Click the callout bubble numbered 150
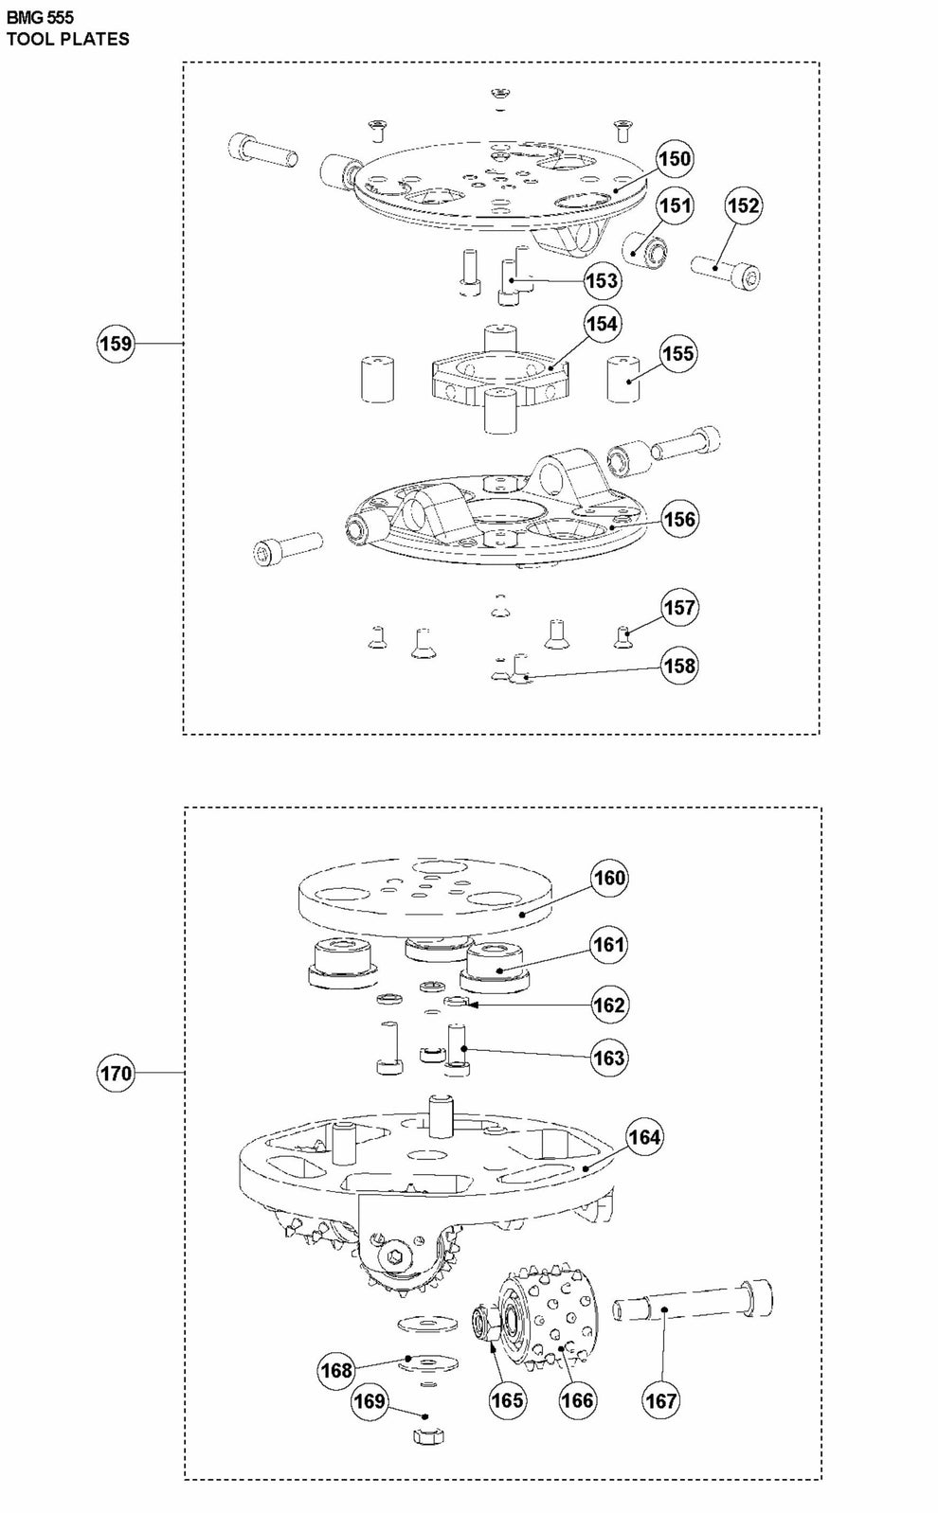(x=675, y=159)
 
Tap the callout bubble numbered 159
(x=116, y=343)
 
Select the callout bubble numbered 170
(x=116, y=1073)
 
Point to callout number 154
(x=603, y=324)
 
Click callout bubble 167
(x=661, y=1400)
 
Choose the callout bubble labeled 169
(x=369, y=1400)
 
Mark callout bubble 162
(x=608, y=1006)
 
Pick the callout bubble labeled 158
(x=679, y=666)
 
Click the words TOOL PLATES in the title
(x=67, y=39)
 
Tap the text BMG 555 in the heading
(x=40, y=18)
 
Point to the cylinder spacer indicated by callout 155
(x=623, y=379)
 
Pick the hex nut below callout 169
(x=428, y=1436)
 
